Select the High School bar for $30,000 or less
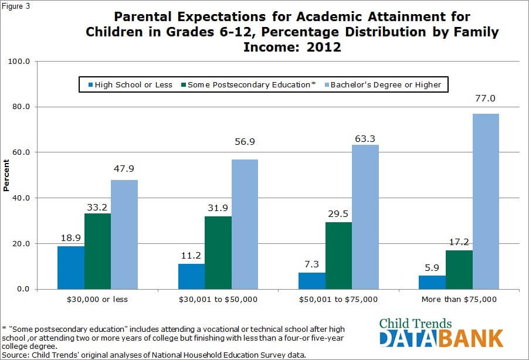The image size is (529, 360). [70, 267]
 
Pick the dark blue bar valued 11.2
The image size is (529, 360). [191, 276]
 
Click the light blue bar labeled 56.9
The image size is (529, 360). [245, 224]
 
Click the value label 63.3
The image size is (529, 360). [365, 138]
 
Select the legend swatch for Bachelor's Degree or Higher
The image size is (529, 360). [325, 84]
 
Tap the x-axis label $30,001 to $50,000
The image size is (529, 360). [218, 299]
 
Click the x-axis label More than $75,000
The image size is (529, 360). [459, 299]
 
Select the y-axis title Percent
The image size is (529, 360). [6, 175]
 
